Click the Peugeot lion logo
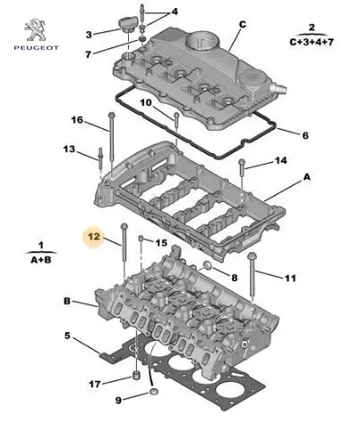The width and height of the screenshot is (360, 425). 36,30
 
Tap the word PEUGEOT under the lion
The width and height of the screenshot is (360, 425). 36,47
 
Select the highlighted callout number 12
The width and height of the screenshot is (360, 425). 94,236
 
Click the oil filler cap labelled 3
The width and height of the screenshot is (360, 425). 128,25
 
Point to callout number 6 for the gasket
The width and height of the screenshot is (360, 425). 305,136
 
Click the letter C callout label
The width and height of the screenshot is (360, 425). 243,24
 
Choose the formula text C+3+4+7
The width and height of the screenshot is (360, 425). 312,42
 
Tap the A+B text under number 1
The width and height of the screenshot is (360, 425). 41,260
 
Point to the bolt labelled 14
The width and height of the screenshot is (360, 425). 242,167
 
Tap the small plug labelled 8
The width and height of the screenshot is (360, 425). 207,265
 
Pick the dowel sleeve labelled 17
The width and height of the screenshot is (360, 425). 136,375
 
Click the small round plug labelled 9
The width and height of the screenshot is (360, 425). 154,391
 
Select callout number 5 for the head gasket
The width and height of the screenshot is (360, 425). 68,336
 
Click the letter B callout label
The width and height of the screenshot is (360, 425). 67,301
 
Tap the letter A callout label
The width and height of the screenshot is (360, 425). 307,177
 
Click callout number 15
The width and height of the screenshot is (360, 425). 161,242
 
